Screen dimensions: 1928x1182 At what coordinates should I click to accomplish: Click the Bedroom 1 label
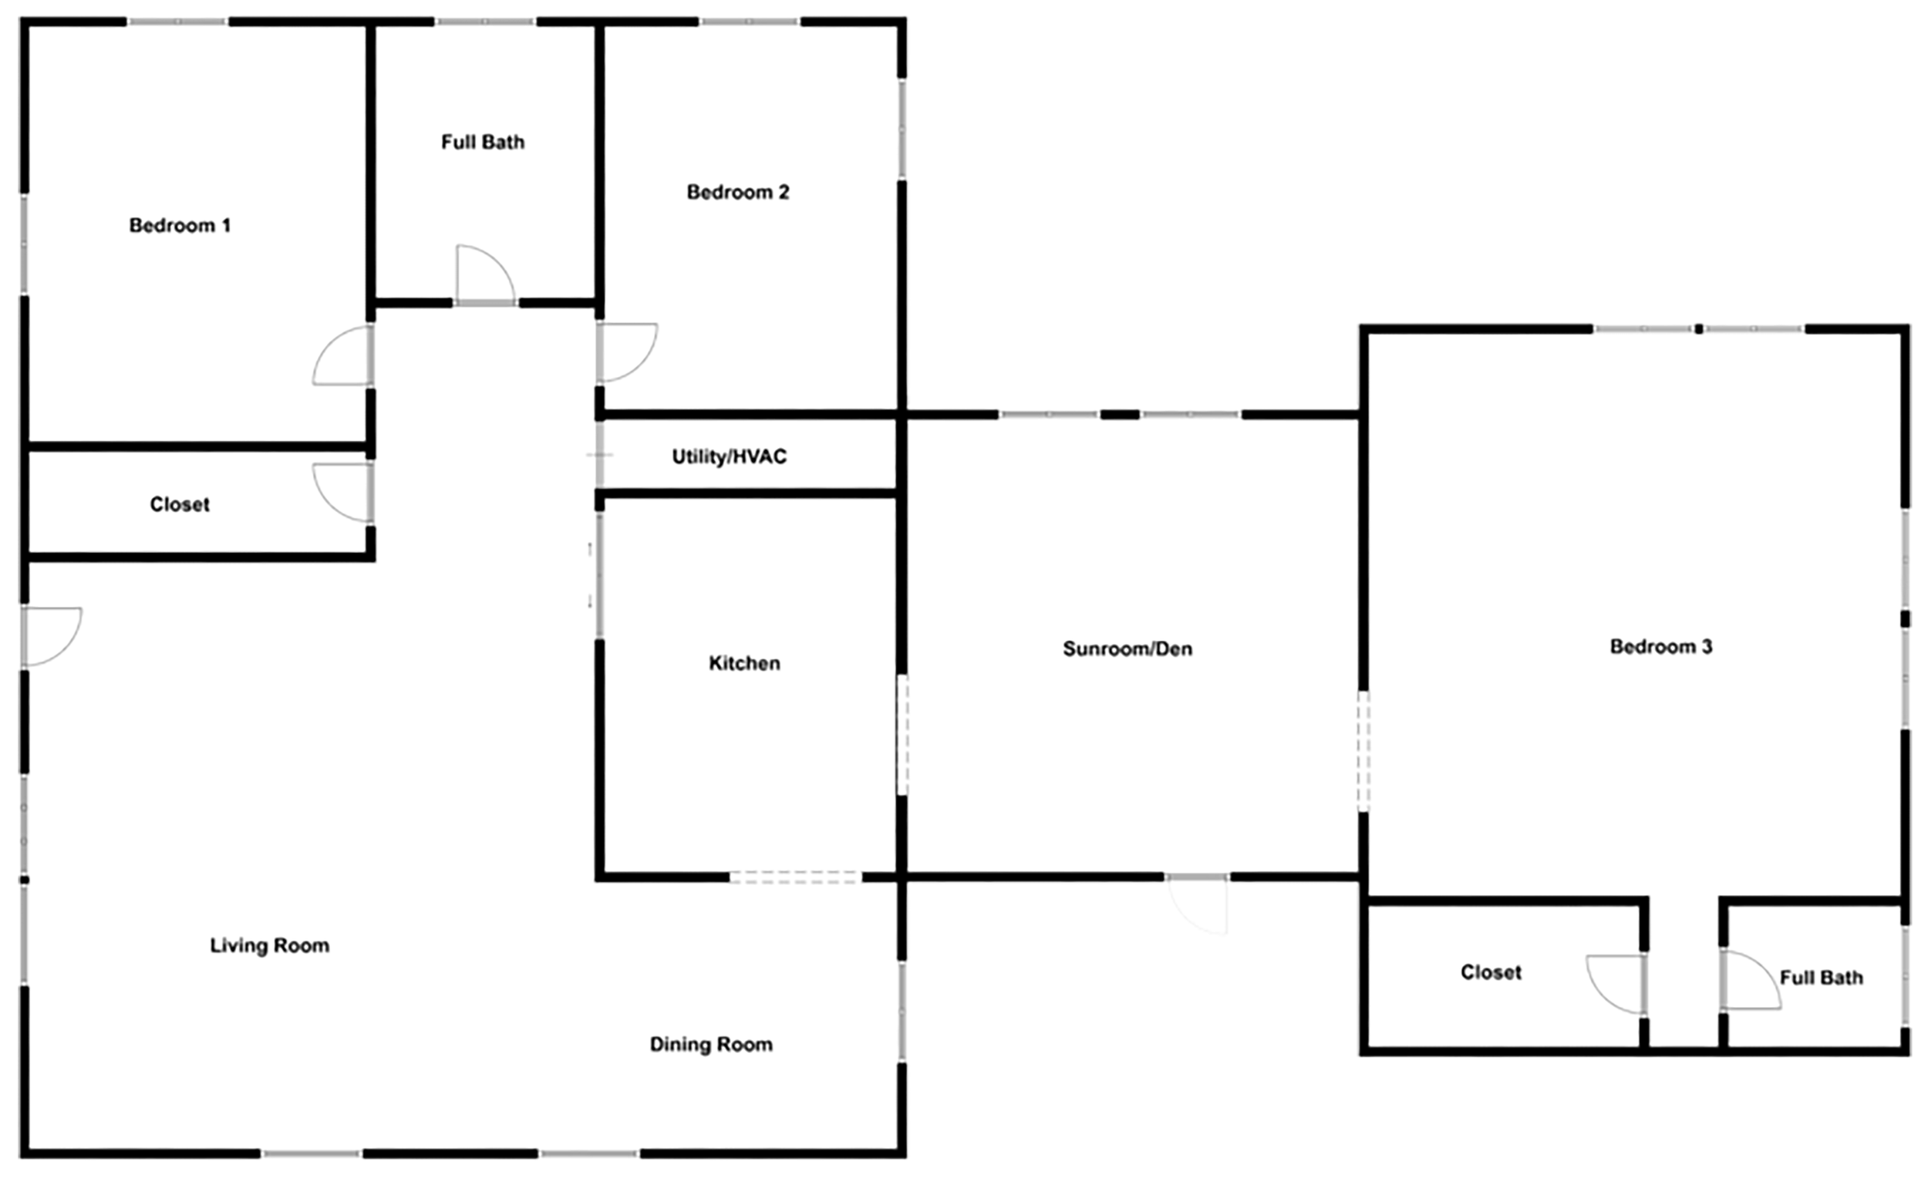(x=180, y=226)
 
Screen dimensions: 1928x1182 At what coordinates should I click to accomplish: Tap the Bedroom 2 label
(x=738, y=193)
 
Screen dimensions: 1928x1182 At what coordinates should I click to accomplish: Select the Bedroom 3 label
(x=1661, y=647)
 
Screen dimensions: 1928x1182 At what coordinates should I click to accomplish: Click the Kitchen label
(x=744, y=663)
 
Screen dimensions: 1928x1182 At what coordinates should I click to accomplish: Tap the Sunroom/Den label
(x=1127, y=649)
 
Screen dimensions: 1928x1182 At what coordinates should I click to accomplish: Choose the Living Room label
(x=270, y=946)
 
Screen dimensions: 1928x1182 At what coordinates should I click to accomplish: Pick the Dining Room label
(x=711, y=1045)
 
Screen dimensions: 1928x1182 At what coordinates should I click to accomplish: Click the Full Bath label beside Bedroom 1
(x=483, y=143)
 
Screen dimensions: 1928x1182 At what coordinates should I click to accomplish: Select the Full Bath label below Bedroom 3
(x=1822, y=978)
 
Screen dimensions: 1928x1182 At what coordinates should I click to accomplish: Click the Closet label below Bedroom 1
(x=180, y=504)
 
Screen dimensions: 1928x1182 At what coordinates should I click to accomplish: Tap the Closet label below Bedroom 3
(x=1492, y=972)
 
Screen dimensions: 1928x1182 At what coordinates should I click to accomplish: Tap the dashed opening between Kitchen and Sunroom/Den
(x=902, y=735)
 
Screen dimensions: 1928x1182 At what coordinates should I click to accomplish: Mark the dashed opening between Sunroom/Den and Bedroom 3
(x=1363, y=751)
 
